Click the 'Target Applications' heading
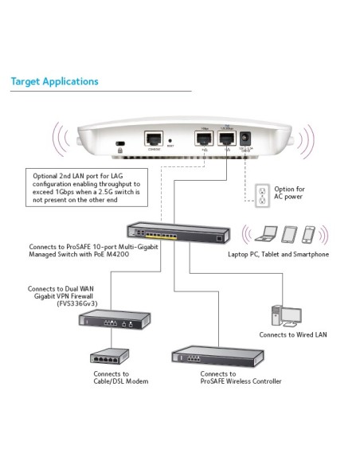(54, 81)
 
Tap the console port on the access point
(152, 138)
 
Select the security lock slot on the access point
(120, 145)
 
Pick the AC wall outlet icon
(260, 193)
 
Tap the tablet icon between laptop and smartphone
(289, 235)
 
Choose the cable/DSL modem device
(110, 359)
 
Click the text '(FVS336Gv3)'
(78, 303)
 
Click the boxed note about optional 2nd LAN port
(88, 186)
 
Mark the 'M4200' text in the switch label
(141, 254)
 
